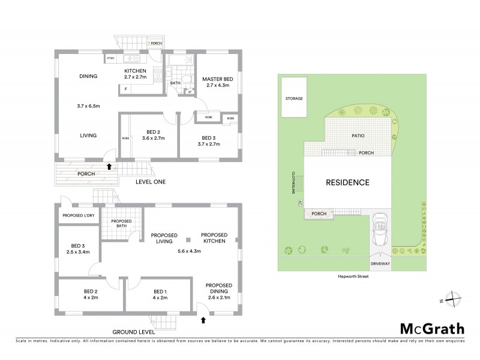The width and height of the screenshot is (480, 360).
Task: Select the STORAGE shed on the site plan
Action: (294, 98)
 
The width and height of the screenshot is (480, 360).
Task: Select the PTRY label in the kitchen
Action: (111, 59)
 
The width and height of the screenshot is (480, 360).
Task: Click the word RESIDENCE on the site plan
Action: (347, 182)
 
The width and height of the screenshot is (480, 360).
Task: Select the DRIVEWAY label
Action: (379, 263)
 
